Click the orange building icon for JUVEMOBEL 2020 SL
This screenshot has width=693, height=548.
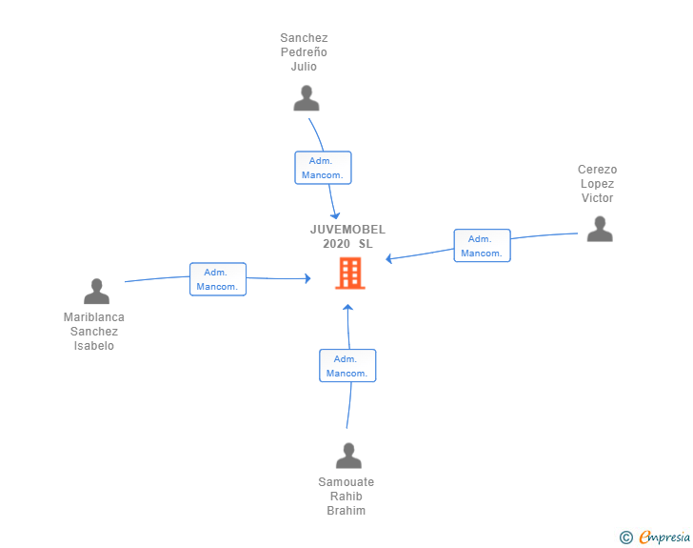(x=349, y=274)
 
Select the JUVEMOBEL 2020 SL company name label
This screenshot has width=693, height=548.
(x=347, y=236)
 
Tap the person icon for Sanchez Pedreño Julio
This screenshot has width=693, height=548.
(x=306, y=98)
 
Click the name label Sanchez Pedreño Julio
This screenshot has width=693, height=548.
(x=304, y=52)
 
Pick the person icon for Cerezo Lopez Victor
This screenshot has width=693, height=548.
(x=599, y=229)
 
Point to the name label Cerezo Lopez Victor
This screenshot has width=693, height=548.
(x=597, y=184)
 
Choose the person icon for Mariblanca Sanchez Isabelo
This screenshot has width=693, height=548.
(x=96, y=292)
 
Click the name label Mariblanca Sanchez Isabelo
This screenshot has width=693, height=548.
(x=94, y=332)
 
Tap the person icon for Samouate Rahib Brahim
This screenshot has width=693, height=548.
(x=348, y=456)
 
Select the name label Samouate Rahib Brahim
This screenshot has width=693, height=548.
(x=346, y=497)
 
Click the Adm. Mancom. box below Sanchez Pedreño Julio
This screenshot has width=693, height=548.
(x=323, y=168)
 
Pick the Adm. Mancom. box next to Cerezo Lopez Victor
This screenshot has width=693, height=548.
(x=482, y=246)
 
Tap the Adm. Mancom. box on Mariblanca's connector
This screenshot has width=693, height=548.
(x=218, y=279)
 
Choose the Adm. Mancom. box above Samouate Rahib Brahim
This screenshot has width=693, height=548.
(x=347, y=366)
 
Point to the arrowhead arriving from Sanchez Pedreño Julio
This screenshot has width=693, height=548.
(x=335, y=216)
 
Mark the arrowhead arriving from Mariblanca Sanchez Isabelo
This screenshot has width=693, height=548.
(x=307, y=278)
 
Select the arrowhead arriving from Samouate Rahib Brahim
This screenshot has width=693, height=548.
(x=347, y=307)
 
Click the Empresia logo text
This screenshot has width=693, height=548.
(x=664, y=538)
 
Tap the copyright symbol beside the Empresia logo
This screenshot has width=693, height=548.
(x=625, y=538)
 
